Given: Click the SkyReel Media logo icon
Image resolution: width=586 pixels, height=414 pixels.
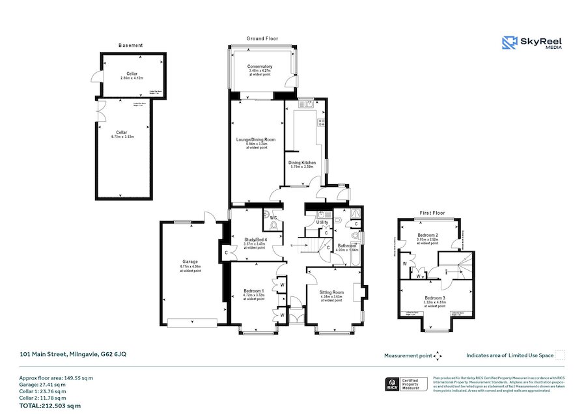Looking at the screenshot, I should coord(509,42).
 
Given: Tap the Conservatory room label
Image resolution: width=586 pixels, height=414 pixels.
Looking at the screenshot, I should coord(260,67).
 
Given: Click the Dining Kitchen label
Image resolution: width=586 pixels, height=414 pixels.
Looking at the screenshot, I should coord(303,162).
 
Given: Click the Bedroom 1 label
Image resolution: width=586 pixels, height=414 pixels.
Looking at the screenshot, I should coord(254,291).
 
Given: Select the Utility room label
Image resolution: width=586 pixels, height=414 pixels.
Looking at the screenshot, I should coord(322,223).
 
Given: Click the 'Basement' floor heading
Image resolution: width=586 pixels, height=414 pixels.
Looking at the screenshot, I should coord(131,46).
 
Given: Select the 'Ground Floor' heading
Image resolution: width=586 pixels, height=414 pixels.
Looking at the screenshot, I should coord(262,39).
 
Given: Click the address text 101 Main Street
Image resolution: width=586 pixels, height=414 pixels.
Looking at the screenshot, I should coord(74,354).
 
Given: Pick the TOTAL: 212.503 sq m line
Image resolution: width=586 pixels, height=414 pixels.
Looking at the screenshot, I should coord(50,406).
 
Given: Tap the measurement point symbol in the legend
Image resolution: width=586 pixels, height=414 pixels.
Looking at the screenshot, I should coord(438,355).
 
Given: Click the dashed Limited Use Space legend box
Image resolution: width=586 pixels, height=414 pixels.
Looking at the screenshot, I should coord(560,355).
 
